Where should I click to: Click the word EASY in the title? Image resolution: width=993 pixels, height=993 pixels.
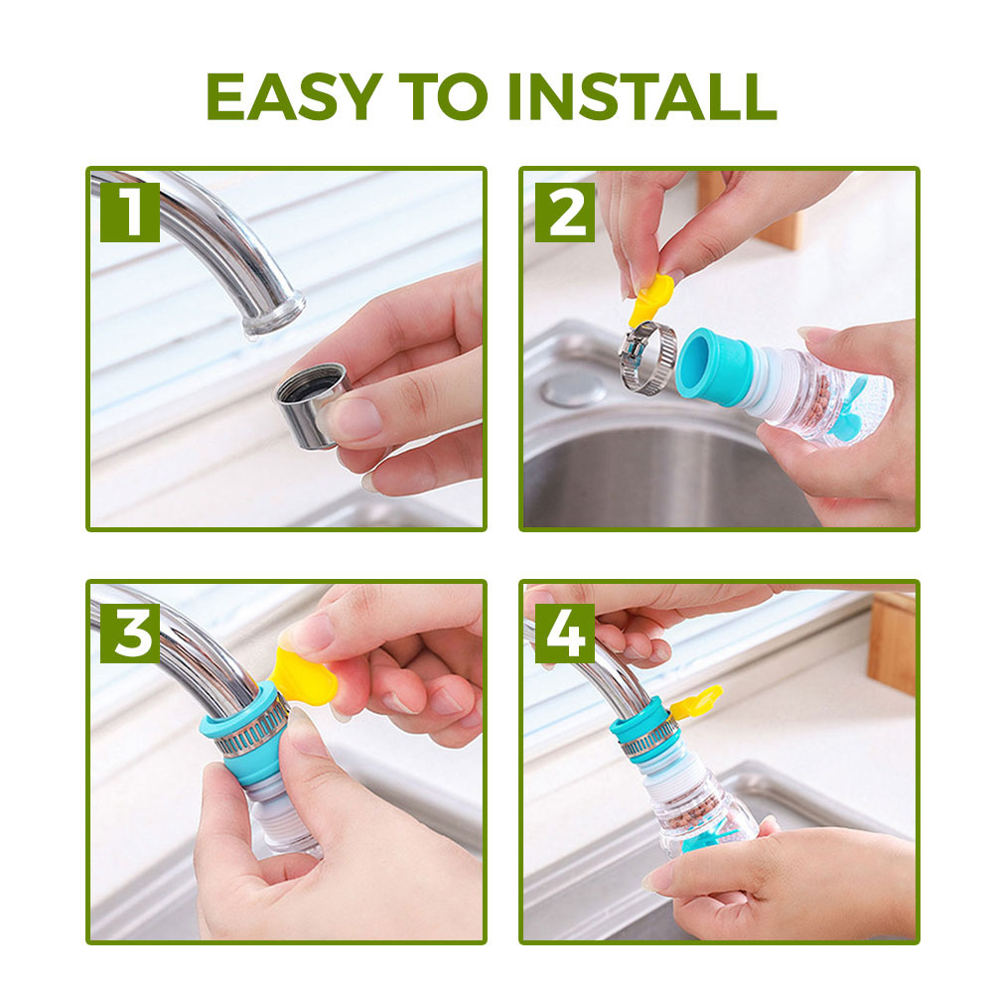[295, 96]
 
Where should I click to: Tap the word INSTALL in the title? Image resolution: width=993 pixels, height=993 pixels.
[642, 96]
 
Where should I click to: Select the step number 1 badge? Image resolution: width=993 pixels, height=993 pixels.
[130, 213]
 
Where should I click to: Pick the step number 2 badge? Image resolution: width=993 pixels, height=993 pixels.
[565, 213]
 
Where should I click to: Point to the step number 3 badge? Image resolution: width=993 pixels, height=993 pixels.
[130, 634]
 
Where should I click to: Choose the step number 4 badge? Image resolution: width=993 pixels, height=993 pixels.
[565, 634]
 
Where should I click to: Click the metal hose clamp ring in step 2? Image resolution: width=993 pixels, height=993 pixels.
[646, 357]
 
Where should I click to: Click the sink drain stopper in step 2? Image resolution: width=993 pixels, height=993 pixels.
[574, 389]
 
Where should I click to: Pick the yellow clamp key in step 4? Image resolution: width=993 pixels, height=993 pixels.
[696, 700]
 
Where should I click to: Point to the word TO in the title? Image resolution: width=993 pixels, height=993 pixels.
[444, 96]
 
